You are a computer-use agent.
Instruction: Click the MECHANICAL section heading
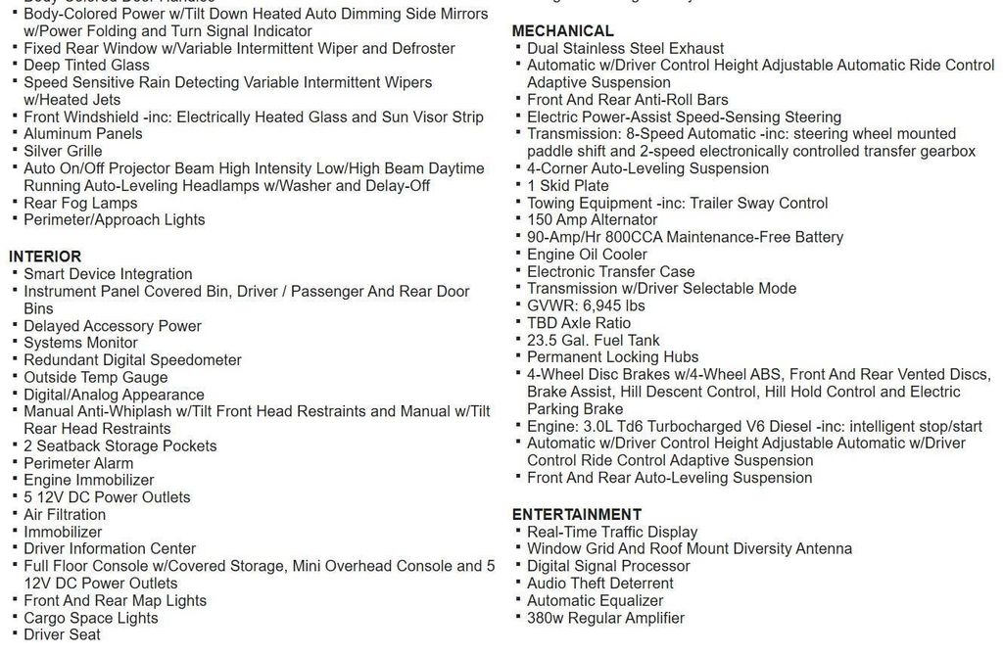(562, 30)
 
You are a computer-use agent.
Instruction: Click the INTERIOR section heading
(45, 257)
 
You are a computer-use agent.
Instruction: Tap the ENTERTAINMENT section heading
(577, 514)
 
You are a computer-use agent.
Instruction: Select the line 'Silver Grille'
(63, 151)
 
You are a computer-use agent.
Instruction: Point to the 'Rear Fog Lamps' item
(80, 203)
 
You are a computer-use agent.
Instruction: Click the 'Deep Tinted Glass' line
(86, 65)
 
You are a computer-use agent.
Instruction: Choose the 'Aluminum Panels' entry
(83, 134)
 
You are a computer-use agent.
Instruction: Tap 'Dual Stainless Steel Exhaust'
(625, 48)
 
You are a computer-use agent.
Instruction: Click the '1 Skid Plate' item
(567, 185)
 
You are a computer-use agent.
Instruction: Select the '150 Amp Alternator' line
(592, 219)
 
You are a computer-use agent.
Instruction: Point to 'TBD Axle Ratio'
(579, 322)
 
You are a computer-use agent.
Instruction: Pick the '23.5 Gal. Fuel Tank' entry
(593, 340)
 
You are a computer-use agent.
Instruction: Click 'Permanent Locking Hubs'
(612, 356)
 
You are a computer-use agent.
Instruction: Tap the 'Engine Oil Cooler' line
(587, 254)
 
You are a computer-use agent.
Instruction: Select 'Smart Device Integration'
(108, 274)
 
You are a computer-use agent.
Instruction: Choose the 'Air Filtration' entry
(65, 514)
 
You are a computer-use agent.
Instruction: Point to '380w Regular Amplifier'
(605, 618)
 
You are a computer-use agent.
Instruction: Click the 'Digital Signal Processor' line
(608, 566)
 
